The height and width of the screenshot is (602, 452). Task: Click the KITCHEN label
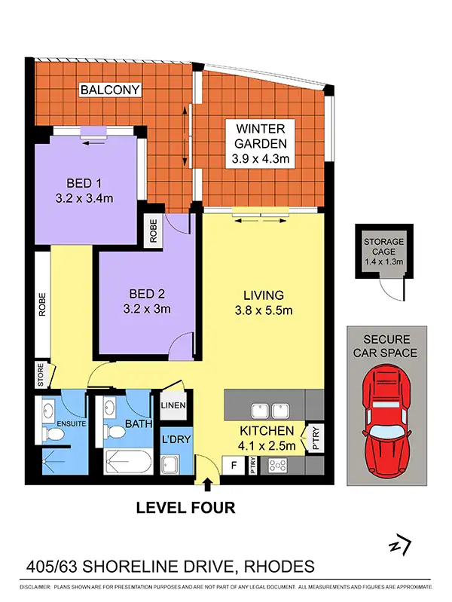tap(266, 431)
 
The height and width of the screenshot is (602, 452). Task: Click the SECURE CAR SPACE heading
tap(386, 346)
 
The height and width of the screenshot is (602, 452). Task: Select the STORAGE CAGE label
tap(383, 246)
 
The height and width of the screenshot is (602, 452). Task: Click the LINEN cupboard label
tap(173, 406)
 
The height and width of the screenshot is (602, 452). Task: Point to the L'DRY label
tap(173, 439)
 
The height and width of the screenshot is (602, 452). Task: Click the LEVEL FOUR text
tap(185, 508)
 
